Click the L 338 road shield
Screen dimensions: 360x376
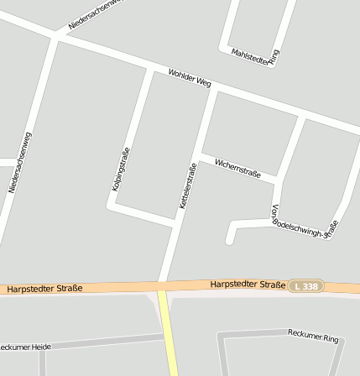tap(307, 286)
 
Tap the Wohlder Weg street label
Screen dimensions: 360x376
tap(189, 78)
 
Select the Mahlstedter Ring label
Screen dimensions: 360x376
tap(255, 57)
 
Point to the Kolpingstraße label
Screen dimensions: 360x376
tap(121, 169)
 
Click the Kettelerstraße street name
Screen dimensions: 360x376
tap(188, 185)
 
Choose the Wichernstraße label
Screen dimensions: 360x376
tap(238, 168)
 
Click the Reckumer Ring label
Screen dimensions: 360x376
tap(313, 337)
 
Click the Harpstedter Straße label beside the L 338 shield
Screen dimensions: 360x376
tap(248, 285)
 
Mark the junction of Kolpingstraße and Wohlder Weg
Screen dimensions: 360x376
tap(151, 70)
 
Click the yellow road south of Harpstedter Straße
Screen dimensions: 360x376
tap(169, 336)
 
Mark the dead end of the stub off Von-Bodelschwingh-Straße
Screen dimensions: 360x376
tap(229, 241)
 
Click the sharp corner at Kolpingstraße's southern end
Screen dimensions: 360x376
tap(112, 205)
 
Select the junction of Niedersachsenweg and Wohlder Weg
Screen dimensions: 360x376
tap(57, 36)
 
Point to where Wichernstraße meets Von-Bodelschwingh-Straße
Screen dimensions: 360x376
tap(278, 182)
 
